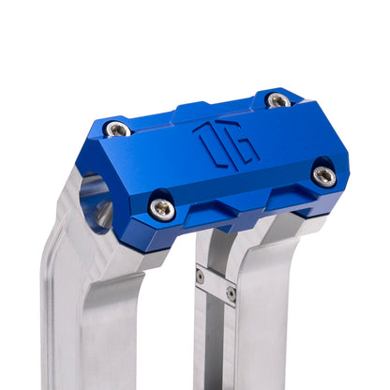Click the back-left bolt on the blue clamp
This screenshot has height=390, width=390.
coord(117,128)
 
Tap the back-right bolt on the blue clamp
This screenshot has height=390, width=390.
coord(278,99)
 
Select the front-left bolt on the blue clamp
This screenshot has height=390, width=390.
coord(162,208)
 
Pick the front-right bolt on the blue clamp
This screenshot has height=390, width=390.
coord(323,174)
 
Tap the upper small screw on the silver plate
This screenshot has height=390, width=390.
coord(201,276)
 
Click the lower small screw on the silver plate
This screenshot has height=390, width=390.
coord(231,292)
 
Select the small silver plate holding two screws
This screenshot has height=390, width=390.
coord(216,284)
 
